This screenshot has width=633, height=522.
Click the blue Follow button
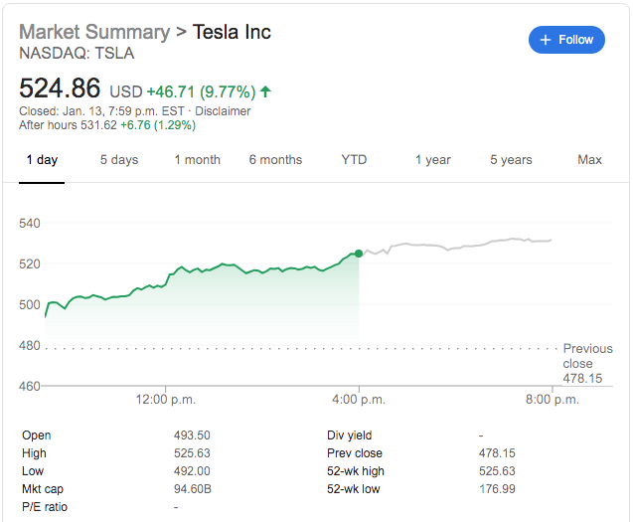[x=565, y=40]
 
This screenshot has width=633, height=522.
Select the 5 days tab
[x=119, y=160]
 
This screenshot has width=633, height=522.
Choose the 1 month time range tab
[x=197, y=160]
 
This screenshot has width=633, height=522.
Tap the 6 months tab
[x=275, y=160]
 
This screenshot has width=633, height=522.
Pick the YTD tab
[x=354, y=160]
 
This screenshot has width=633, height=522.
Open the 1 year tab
[x=432, y=160]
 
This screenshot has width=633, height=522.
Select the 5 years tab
[x=511, y=160]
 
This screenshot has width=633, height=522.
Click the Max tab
[x=589, y=160]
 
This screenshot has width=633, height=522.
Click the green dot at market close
[x=359, y=254]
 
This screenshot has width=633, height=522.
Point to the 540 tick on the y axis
[x=30, y=223]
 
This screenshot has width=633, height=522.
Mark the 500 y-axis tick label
[x=30, y=304]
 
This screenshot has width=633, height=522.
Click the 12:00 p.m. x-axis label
[x=165, y=400]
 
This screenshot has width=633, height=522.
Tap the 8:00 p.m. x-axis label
[x=552, y=400]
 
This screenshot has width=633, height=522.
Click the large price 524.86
[x=61, y=88]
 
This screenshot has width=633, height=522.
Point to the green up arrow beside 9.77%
[x=265, y=91]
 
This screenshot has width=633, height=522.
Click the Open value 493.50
[x=192, y=435]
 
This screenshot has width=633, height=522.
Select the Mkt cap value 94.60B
[x=192, y=489]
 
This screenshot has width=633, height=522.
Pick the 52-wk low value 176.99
[x=498, y=489]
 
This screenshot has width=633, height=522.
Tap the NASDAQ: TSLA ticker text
[x=77, y=54]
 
